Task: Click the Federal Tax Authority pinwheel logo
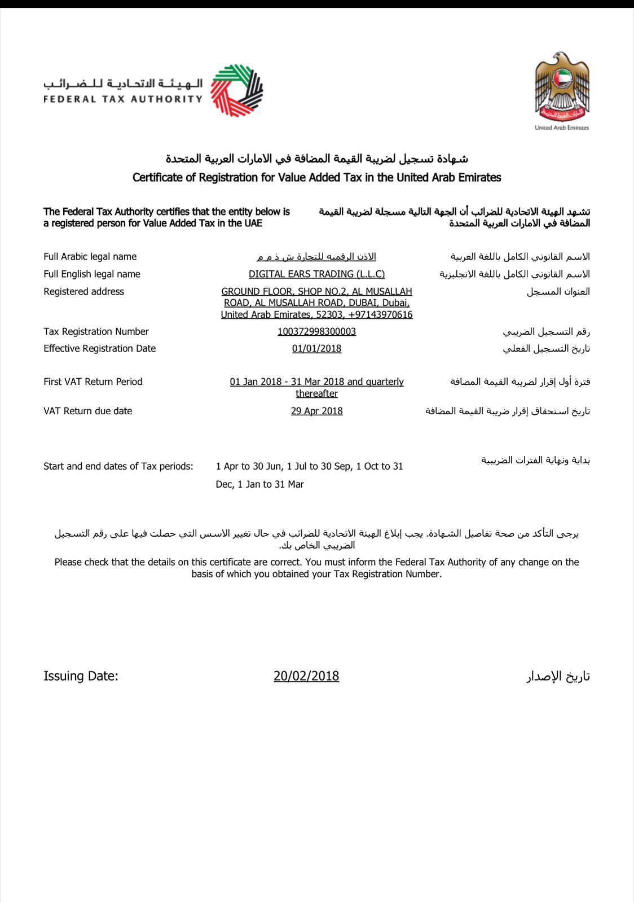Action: [237, 90]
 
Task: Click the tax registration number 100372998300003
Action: [316, 331]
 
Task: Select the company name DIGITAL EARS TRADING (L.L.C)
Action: [316, 274]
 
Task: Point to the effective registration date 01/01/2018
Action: [316, 348]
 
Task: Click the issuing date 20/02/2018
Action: [306, 676]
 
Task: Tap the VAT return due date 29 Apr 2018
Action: [316, 411]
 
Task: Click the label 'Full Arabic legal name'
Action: [90, 256]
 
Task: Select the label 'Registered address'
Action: [83, 291]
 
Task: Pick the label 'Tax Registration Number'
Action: [96, 331]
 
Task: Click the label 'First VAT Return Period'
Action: [93, 382]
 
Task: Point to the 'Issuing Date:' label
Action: [81, 676]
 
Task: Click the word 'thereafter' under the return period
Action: [316, 393]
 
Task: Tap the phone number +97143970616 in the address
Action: [381, 314]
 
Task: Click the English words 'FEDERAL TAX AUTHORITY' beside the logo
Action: [123, 99]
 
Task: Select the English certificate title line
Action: [316, 177]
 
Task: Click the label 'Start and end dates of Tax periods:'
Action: [118, 466]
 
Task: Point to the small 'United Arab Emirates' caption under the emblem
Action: [562, 128]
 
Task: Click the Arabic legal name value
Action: [316, 256]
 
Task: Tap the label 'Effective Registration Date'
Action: [99, 348]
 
